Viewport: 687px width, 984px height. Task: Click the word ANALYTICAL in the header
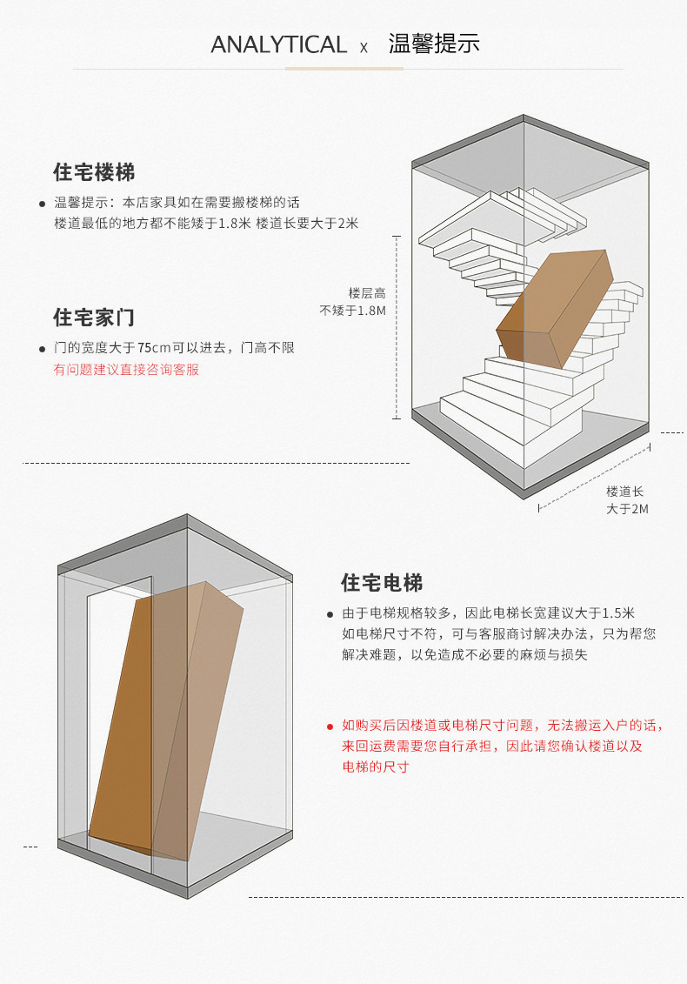[278, 44]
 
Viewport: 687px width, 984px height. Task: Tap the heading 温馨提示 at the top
[434, 44]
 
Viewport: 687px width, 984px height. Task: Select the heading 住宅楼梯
[94, 171]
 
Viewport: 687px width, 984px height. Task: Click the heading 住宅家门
[94, 317]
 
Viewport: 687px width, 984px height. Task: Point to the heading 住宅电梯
[382, 582]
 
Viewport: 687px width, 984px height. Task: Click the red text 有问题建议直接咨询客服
[127, 370]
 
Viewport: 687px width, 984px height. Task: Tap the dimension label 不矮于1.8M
[353, 311]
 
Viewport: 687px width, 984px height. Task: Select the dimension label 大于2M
[627, 509]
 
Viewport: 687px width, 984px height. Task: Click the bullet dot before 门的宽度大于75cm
[42, 349]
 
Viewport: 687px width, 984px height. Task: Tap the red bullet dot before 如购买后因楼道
[330, 726]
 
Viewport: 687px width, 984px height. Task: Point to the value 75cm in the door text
[154, 348]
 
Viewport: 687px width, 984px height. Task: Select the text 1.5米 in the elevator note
[618, 612]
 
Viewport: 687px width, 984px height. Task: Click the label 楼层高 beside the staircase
[367, 294]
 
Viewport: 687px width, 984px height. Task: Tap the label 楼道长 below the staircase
[625, 492]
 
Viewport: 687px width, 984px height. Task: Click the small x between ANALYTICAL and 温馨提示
[364, 47]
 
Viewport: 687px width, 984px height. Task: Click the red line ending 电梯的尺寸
[376, 767]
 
